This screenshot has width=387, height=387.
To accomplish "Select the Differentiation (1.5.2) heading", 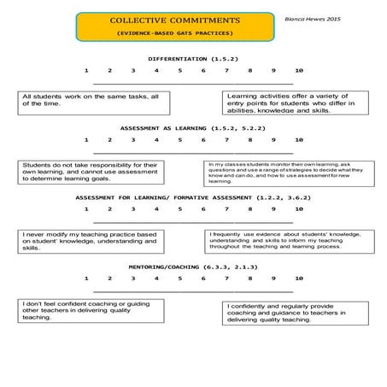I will pos(192,57).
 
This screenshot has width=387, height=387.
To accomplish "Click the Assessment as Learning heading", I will pos(192,127).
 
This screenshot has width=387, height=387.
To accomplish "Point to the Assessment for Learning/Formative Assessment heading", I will pos(192,197).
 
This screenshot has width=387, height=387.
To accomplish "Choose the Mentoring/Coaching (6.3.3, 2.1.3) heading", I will pos(192,267).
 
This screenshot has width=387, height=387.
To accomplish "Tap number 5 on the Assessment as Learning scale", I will pos(180,139).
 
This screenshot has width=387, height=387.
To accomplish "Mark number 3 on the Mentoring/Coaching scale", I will pos(133,279).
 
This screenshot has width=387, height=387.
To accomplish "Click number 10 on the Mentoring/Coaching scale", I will pos(298,279).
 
